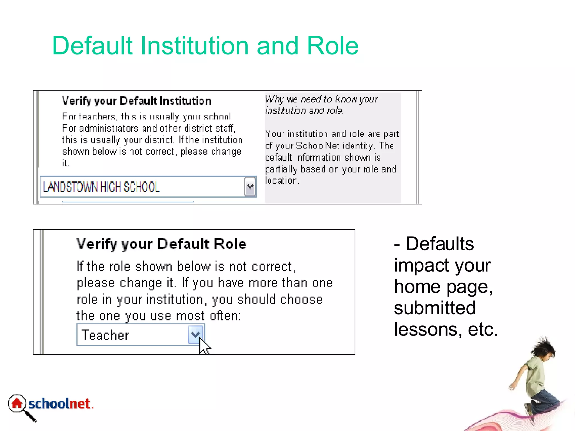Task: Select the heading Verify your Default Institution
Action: point(136,101)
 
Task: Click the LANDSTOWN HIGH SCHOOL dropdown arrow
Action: point(250,187)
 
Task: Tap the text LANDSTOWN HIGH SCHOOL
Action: point(101,187)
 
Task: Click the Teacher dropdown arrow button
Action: point(195,334)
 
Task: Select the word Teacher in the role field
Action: point(105,335)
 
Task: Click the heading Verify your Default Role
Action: point(161,244)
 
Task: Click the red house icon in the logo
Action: point(17,404)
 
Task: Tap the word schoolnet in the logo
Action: point(59,404)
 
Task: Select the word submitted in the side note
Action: point(435,308)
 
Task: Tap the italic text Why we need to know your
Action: point(321,99)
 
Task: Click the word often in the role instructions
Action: point(224,316)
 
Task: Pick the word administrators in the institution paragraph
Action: point(109,129)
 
